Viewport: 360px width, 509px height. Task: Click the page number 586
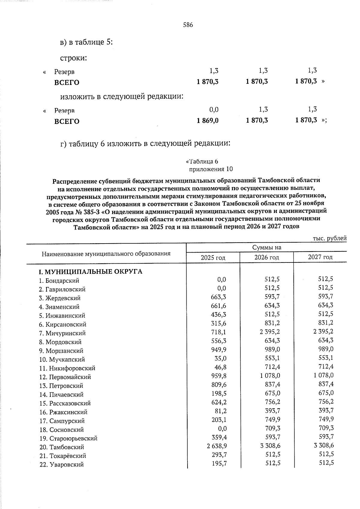188,25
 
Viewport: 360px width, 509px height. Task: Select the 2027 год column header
320,257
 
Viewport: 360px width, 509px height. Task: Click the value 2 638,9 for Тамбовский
217,446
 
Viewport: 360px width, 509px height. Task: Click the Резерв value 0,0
214,109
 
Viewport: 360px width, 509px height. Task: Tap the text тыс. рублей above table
329,238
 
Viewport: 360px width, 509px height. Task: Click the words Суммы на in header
266,247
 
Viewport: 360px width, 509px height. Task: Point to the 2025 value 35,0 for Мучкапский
220,358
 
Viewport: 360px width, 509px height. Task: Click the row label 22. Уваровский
61,465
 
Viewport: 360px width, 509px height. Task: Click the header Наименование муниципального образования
106,254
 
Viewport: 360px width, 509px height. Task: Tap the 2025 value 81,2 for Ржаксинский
220,411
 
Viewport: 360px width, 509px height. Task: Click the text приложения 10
211,169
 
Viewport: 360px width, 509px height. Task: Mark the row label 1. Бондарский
59,281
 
